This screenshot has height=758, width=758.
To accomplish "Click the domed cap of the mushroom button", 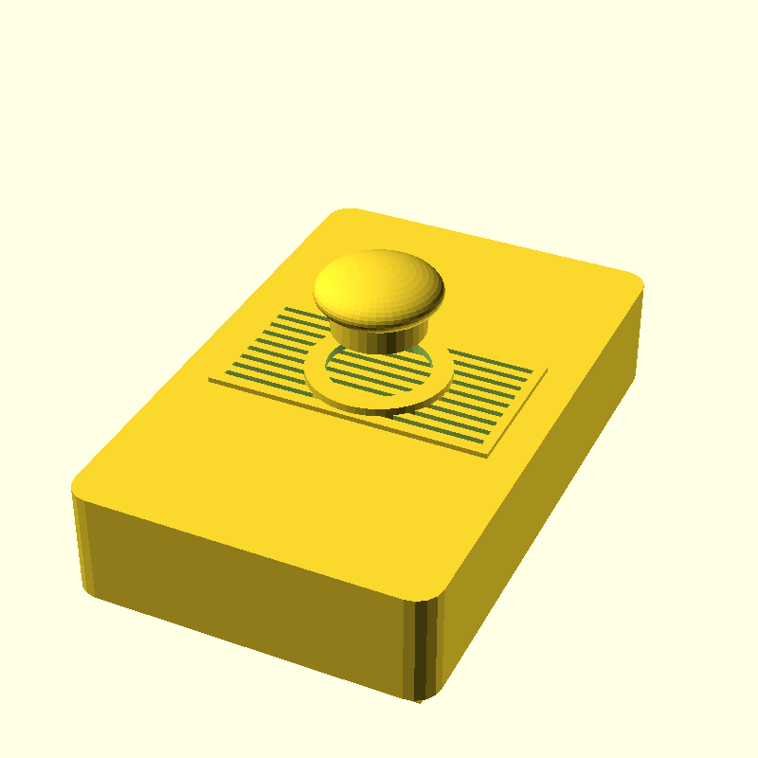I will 379,289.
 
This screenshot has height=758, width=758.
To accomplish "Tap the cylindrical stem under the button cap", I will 379,336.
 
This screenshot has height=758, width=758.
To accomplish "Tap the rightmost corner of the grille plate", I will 547,370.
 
